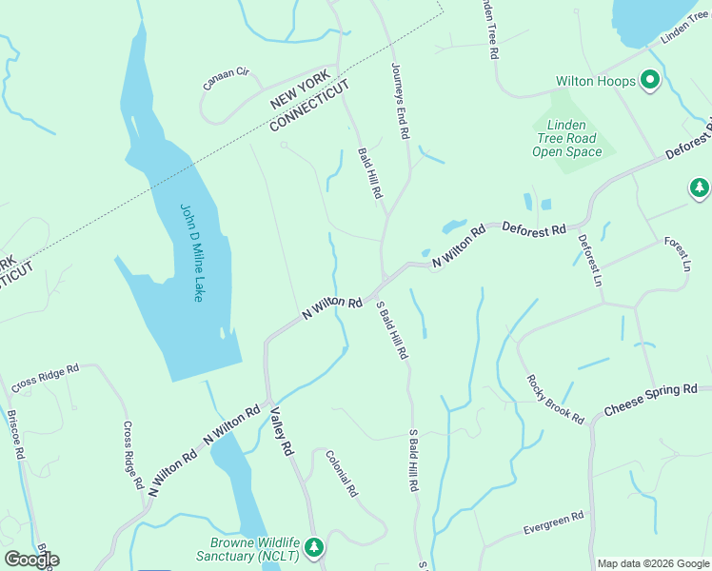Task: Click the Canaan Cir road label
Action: coord(226,79)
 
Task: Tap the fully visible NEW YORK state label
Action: coord(300,89)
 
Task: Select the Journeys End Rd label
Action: coord(400,102)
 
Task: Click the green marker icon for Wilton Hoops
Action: coord(651,81)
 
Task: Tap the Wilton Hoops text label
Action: coord(596,82)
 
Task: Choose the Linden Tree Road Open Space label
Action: coord(567,138)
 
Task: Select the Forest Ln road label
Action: coord(677,254)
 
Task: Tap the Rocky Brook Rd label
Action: coord(555,399)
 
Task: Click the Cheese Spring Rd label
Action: coord(651,401)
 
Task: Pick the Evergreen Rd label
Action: coord(553,523)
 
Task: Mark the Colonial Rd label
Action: coord(341,474)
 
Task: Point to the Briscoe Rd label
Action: coord(14,435)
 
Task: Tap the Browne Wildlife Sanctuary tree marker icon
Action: coord(314,548)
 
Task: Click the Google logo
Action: coord(31,559)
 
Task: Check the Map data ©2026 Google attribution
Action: coord(653,563)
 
